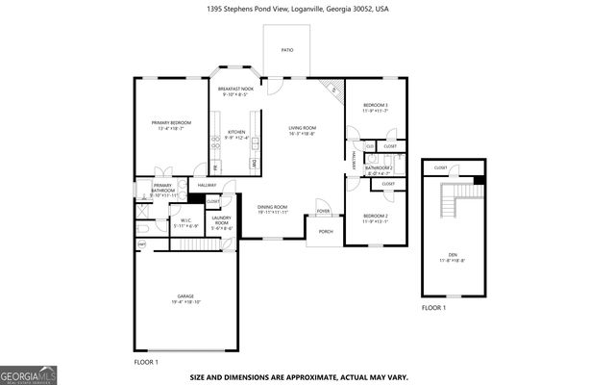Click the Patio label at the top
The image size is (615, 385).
(287, 49)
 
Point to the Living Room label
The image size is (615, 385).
(303, 130)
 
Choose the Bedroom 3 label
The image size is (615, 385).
(375, 107)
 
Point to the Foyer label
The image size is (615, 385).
(323, 211)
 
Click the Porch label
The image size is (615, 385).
(325, 231)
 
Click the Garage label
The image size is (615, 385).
(186, 298)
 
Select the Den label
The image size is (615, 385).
(451, 257)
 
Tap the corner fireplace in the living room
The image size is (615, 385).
(333, 88)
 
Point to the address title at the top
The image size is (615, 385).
(306, 8)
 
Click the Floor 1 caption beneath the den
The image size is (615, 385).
(433, 308)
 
